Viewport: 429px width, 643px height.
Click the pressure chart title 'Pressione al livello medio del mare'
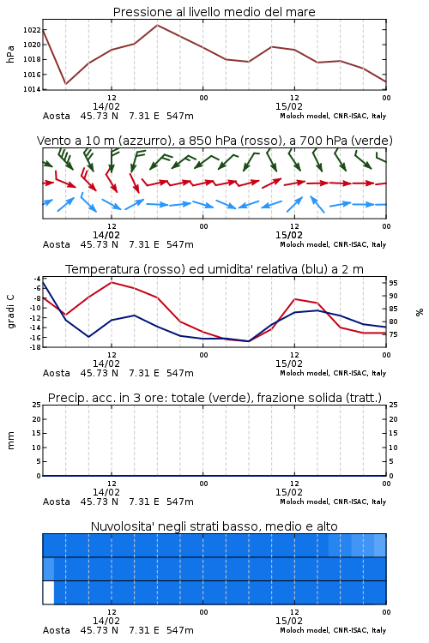point(214,12)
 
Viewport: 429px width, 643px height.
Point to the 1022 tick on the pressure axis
point(32,30)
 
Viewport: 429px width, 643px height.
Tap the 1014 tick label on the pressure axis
point(32,89)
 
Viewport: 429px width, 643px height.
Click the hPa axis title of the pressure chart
point(10,54)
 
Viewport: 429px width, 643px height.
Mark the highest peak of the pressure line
point(157,25)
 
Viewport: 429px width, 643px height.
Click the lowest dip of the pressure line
point(66,84)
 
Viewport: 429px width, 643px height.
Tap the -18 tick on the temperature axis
point(34,347)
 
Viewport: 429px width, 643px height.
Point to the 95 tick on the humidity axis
point(393,283)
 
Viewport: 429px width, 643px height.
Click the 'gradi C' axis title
point(11,312)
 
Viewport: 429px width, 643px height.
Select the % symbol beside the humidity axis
point(420,312)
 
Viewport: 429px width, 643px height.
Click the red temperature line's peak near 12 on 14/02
point(112,282)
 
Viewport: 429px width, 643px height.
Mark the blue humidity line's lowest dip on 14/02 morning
point(88,337)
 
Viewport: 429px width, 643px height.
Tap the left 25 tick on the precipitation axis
point(37,405)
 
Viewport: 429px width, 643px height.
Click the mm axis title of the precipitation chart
point(10,441)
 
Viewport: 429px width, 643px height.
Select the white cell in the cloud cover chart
point(48,592)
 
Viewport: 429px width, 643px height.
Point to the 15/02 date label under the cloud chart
point(289,621)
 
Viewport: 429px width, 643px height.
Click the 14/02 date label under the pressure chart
point(106,106)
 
